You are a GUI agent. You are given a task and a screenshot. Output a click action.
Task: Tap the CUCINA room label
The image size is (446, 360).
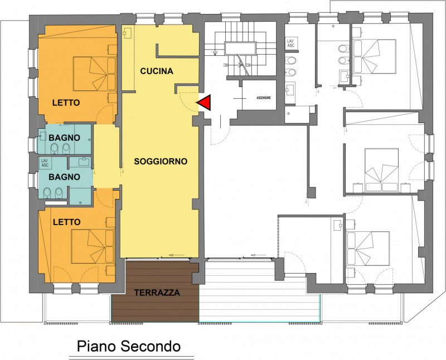click(157, 71)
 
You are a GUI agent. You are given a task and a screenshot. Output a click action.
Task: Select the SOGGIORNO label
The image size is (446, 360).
click(161, 162)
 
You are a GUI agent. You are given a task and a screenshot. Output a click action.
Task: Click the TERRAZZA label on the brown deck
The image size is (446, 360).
click(157, 293)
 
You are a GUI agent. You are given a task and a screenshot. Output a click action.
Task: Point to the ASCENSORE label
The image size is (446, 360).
click(264, 98)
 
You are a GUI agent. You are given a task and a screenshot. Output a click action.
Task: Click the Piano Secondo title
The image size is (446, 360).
click(129, 347)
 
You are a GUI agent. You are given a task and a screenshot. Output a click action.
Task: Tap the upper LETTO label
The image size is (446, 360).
click(66, 103)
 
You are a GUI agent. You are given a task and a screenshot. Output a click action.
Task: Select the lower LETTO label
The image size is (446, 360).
click(67, 222)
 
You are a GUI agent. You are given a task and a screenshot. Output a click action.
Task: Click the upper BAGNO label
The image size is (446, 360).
click(64, 138)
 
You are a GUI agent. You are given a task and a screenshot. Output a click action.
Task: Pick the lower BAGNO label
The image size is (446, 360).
click(64, 177)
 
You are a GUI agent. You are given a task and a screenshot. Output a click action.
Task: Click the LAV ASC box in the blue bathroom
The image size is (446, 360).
click(45, 163)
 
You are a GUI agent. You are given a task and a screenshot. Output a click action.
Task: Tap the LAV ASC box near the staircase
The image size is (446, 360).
click(290, 43)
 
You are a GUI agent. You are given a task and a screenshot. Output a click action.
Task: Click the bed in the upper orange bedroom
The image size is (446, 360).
click(94, 74)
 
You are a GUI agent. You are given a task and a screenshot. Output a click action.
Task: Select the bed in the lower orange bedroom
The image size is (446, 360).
click(93, 246)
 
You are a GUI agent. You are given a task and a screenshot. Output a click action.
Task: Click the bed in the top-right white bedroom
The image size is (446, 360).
click(374, 57)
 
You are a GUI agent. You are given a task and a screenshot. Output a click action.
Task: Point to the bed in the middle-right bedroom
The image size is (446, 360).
click(381, 170)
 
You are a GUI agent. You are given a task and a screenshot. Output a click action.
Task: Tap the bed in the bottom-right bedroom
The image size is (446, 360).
click(367, 249)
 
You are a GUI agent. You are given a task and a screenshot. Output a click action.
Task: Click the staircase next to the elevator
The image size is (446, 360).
click(241, 49)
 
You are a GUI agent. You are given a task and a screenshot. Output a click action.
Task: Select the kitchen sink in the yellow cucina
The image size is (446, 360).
click(127, 33)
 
